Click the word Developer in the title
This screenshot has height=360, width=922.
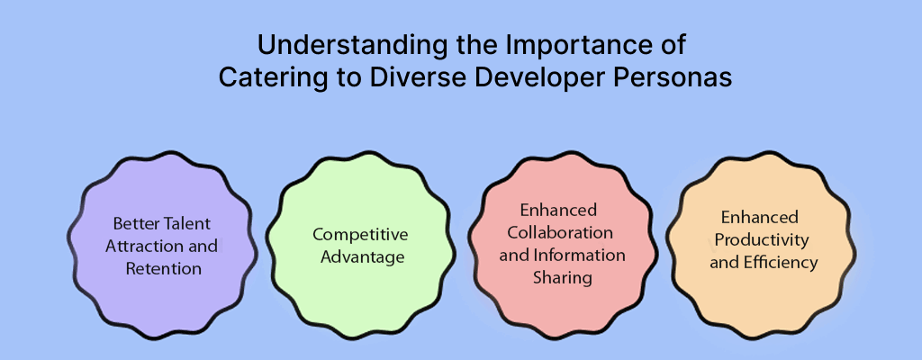click(536, 76)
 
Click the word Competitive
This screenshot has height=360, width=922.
click(360, 234)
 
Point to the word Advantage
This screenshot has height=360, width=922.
click(360, 256)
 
